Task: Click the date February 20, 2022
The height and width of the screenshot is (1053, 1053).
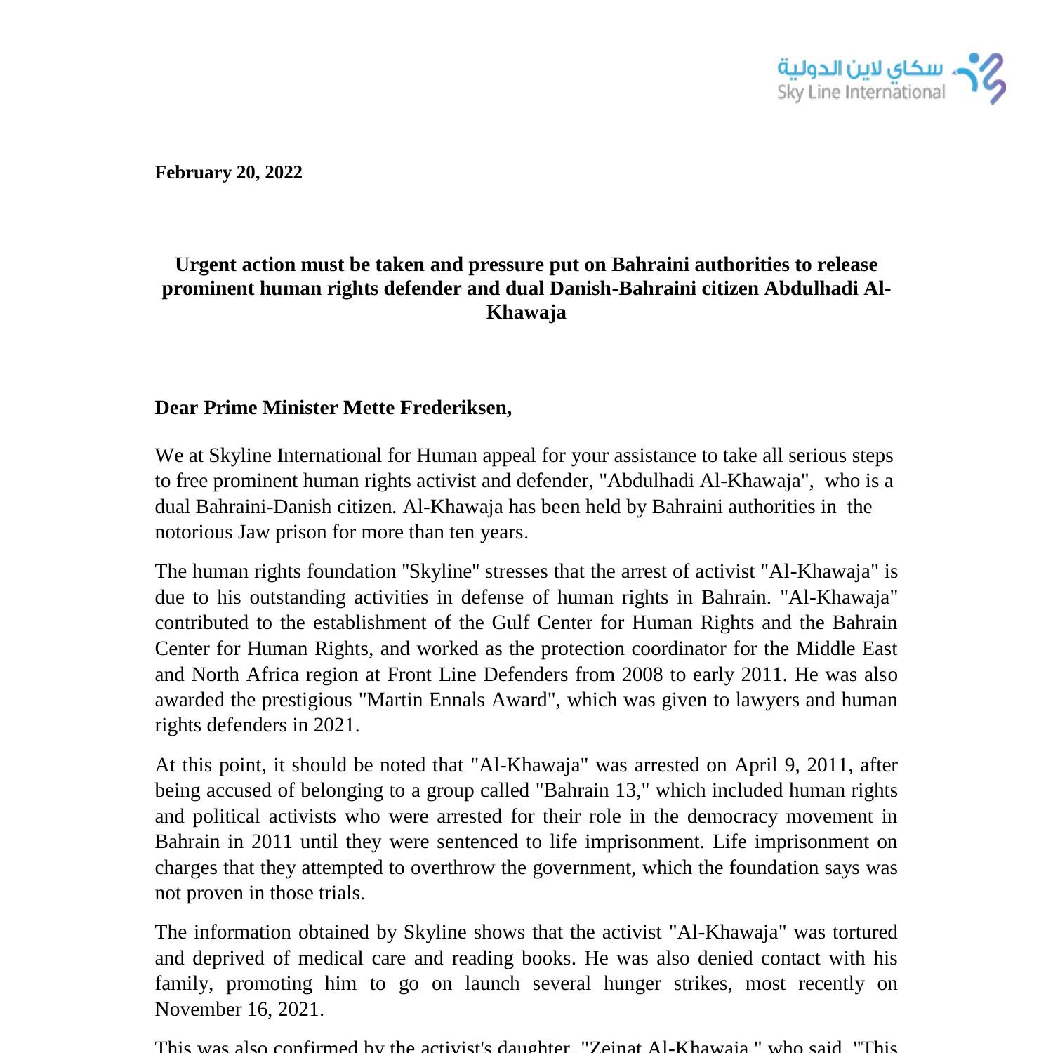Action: tap(228, 173)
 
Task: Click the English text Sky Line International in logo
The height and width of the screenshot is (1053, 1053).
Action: tap(861, 93)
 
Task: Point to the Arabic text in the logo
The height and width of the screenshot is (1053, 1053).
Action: tap(861, 68)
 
